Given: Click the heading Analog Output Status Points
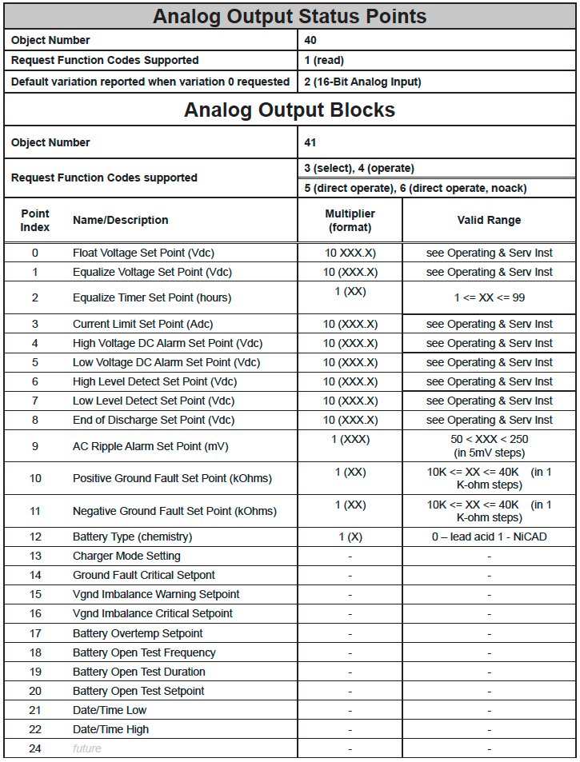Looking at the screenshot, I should point(290,16).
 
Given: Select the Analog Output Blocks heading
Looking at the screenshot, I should point(290,110).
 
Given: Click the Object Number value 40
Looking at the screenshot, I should point(310,40).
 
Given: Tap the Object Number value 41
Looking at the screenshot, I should point(310,142).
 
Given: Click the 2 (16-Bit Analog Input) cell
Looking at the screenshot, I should point(362,81).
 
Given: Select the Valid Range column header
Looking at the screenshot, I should point(489,220).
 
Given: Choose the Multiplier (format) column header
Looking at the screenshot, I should point(350,220).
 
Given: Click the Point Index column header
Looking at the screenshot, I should point(35,220).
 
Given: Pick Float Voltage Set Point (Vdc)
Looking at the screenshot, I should point(143,253).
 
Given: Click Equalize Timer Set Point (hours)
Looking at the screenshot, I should point(151,297).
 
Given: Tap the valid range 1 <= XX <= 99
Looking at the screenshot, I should point(489,297).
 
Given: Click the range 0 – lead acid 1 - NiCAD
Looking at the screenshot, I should point(489,537).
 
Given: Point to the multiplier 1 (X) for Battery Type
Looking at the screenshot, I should point(350,537).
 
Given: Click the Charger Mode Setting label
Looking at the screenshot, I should point(126,556).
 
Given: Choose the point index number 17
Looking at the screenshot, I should point(35,633).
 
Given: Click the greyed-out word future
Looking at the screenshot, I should point(87,748).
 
